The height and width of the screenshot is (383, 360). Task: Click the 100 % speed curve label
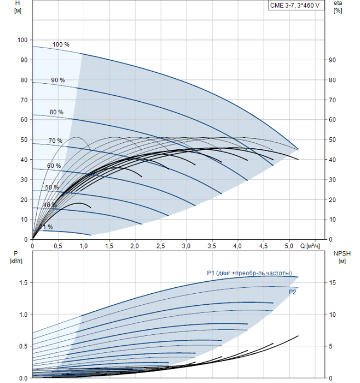(x=61, y=44)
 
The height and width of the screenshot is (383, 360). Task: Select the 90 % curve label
(x=58, y=80)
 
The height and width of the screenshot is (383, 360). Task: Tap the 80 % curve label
(x=56, y=112)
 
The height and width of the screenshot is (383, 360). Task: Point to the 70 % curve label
(x=55, y=141)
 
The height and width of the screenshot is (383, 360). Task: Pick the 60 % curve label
(x=54, y=166)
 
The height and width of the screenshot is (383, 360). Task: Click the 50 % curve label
(x=52, y=187)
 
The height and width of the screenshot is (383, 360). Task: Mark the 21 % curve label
(x=46, y=227)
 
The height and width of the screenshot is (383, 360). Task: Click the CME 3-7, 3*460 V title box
(x=296, y=5)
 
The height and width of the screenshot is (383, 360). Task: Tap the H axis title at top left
(x=18, y=7)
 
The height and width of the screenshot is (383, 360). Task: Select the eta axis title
(x=338, y=7)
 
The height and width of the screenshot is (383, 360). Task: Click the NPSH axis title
(x=342, y=258)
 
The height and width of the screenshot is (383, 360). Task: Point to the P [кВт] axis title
(x=16, y=258)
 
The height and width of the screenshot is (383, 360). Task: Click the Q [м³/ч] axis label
(x=310, y=246)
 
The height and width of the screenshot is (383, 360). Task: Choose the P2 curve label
(x=292, y=292)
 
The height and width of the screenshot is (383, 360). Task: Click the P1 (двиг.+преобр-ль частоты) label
(x=249, y=273)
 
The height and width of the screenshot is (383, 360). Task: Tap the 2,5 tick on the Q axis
(x=160, y=246)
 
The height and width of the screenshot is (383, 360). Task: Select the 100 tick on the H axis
(x=22, y=40)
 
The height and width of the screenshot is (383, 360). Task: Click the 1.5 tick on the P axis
(x=24, y=283)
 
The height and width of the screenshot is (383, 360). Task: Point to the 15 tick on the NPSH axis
(x=333, y=283)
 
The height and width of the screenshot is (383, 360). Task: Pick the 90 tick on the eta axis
(x=333, y=60)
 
